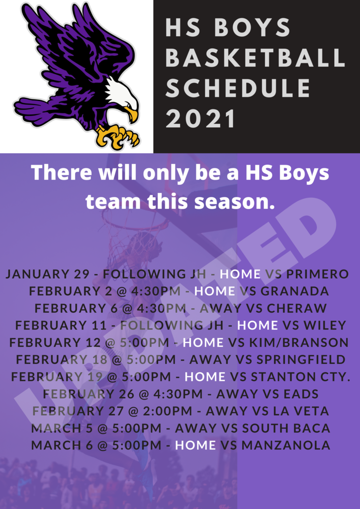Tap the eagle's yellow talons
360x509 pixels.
coord(118,136)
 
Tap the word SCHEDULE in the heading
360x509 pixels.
coord(238,88)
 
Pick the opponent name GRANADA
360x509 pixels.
coord(295,291)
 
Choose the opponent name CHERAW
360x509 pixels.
coord(297,308)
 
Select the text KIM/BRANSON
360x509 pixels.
coord(298,342)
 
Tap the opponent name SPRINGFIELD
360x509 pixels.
coord(301,359)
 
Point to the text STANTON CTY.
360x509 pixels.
coord(301,377)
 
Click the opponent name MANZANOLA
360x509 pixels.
coord(286,445)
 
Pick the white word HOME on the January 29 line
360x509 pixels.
coord(240,274)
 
